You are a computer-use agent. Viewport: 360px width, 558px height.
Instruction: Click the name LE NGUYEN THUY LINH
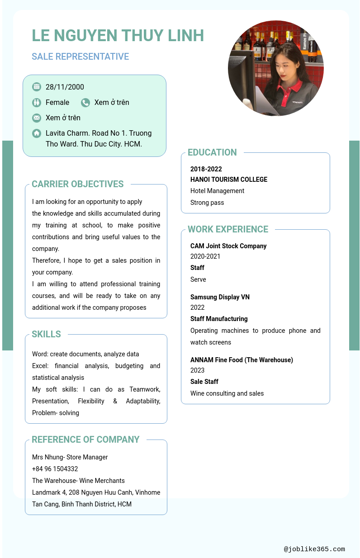pos(118,35)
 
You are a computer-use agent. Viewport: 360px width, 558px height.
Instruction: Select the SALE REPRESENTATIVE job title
pos(80,57)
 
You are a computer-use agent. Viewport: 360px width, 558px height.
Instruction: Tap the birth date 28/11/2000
pos(65,87)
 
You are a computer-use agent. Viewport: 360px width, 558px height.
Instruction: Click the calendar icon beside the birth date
pos(37,87)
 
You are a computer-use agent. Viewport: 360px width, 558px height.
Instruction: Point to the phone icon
pos(85,103)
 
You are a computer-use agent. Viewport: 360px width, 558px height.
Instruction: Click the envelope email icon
pos(37,118)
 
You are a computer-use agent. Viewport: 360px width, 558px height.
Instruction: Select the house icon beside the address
pos(37,133)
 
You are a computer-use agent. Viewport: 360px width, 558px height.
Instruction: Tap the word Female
pos(57,103)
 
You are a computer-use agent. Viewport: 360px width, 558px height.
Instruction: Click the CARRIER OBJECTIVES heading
pos(77,184)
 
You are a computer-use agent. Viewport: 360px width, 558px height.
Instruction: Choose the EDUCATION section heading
pos(212,152)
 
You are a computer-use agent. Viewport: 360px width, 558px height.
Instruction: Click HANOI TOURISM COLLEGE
pos(228,180)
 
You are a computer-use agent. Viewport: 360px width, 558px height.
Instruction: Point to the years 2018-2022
pos(206,169)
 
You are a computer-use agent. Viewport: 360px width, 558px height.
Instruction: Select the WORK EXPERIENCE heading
pos(228,229)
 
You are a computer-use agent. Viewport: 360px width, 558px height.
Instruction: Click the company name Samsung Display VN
pos(220,297)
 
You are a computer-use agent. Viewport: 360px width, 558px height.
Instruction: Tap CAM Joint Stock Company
pos(228,246)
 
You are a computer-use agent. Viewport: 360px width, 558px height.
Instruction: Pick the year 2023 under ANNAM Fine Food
pos(197,370)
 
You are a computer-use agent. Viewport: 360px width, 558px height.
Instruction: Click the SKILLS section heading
pos(46,334)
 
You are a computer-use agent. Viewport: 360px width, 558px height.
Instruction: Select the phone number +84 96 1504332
pos(55,469)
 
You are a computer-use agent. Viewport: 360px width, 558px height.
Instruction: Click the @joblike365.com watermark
pos(314,549)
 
